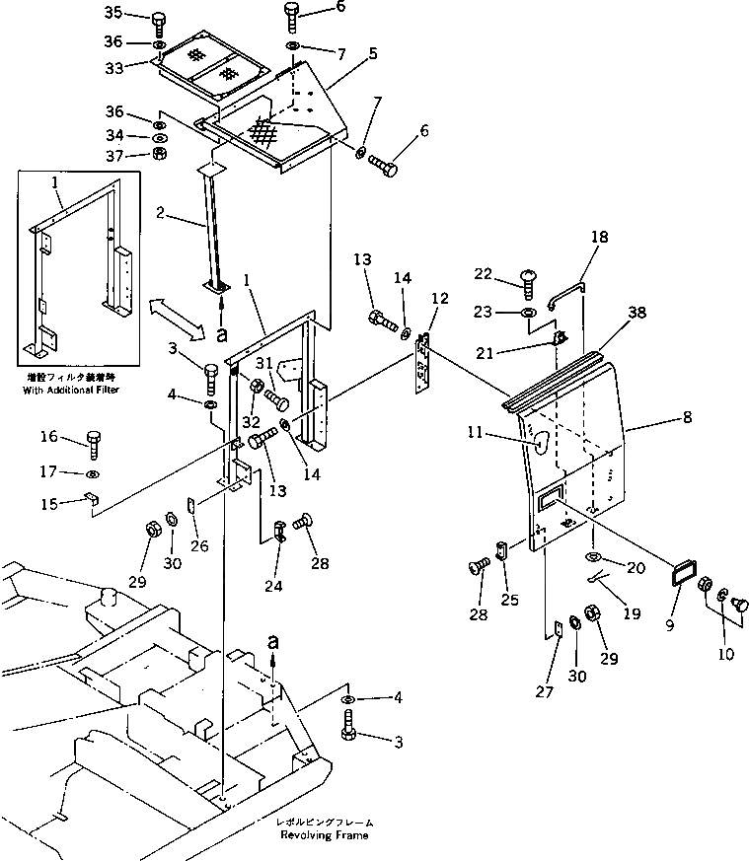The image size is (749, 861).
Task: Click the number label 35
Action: click(x=113, y=13)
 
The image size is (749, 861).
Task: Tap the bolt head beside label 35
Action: click(x=159, y=20)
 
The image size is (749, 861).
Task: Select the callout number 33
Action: click(x=113, y=67)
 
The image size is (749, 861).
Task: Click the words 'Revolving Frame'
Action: click(x=323, y=835)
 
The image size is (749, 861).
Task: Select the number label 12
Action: click(x=438, y=298)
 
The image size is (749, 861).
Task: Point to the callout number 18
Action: click(x=600, y=238)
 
